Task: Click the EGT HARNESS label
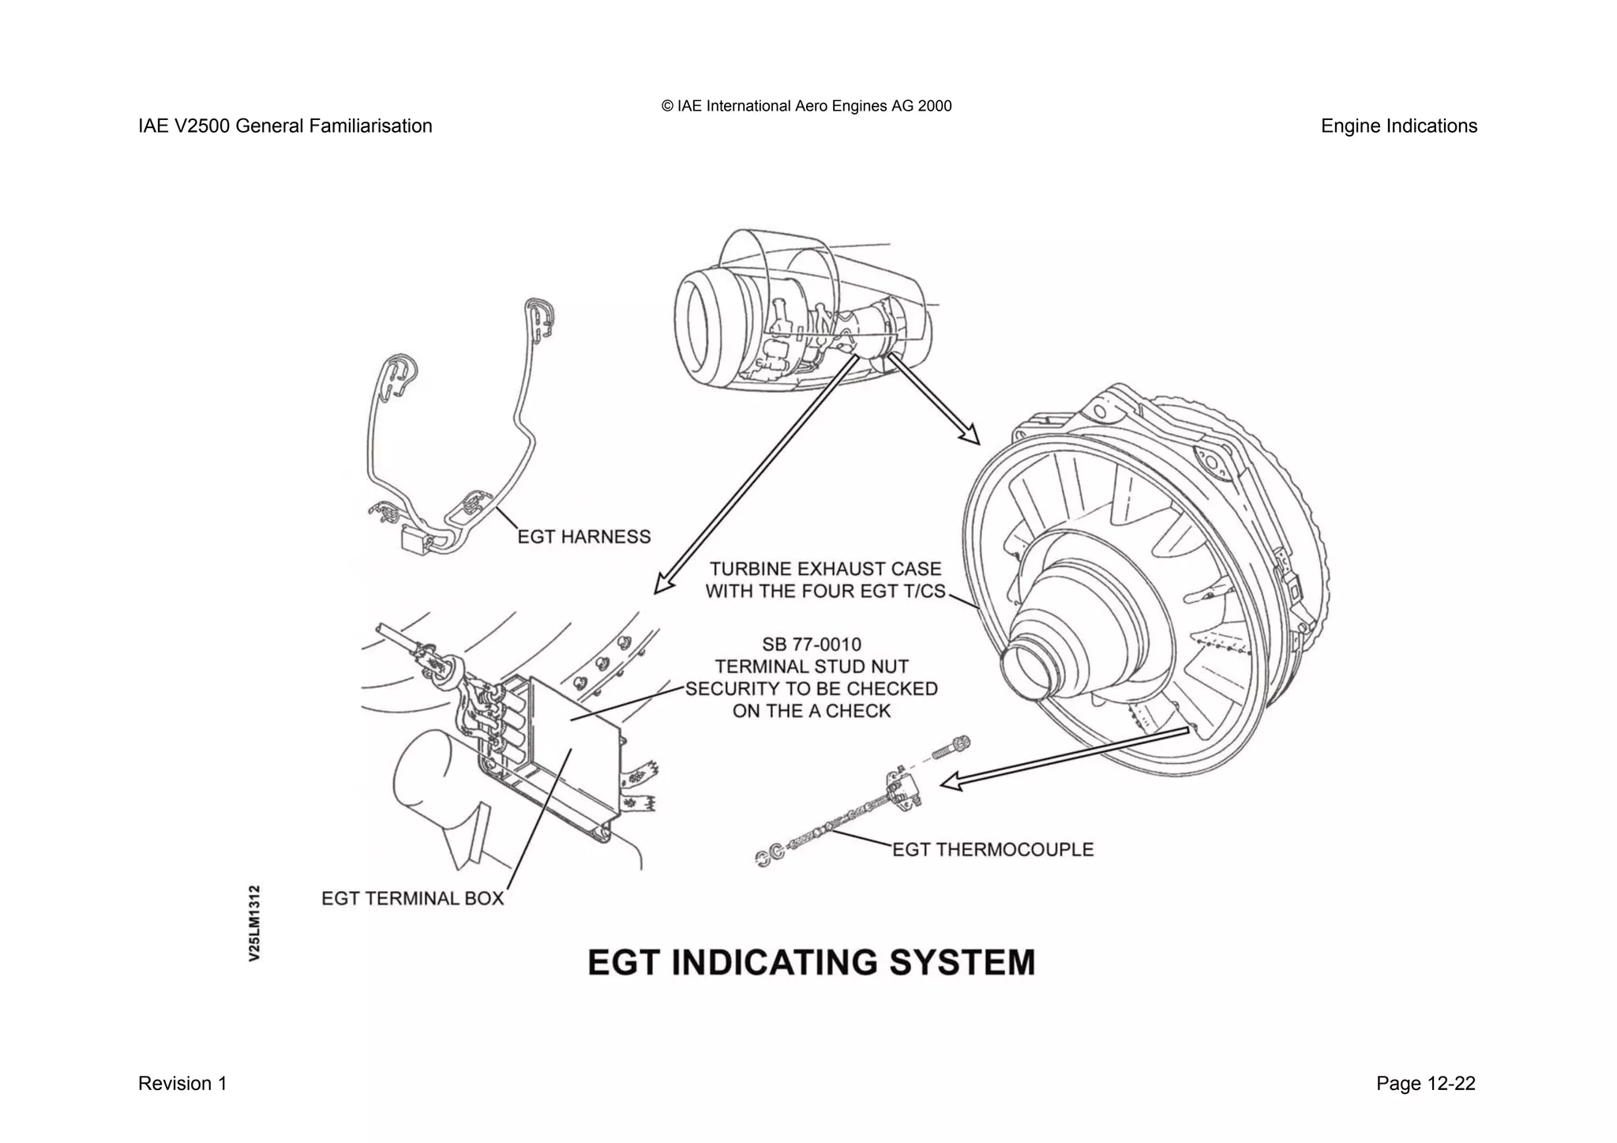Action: click(x=583, y=537)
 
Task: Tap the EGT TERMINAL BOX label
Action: click(x=412, y=899)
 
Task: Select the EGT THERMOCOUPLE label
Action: click(x=992, y=850)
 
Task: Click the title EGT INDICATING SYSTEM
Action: click(x=811, y=963)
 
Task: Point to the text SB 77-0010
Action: click(x=811, y=645)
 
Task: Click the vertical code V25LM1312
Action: click(x=254, y=923)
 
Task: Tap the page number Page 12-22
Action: click(x=1425, y=1084)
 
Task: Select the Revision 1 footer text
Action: click(x=182, y=1084)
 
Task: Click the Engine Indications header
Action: click(x=1398, y=126)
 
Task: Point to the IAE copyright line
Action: click(x=806, y=106)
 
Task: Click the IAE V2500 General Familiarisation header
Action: click(x=285, y=126)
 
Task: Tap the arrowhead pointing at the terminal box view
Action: click(x=662, y=585)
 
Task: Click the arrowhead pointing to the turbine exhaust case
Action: click(x=971, y=436)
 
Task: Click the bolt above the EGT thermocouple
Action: click(x=951, y=747)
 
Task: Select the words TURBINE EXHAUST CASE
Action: click(x=825, y=569)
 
